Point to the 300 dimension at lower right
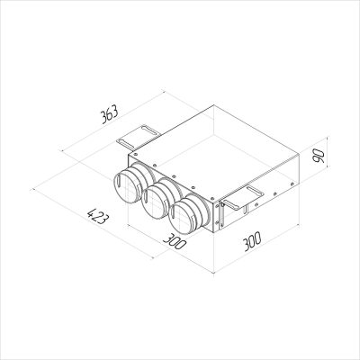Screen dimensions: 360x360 260,240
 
